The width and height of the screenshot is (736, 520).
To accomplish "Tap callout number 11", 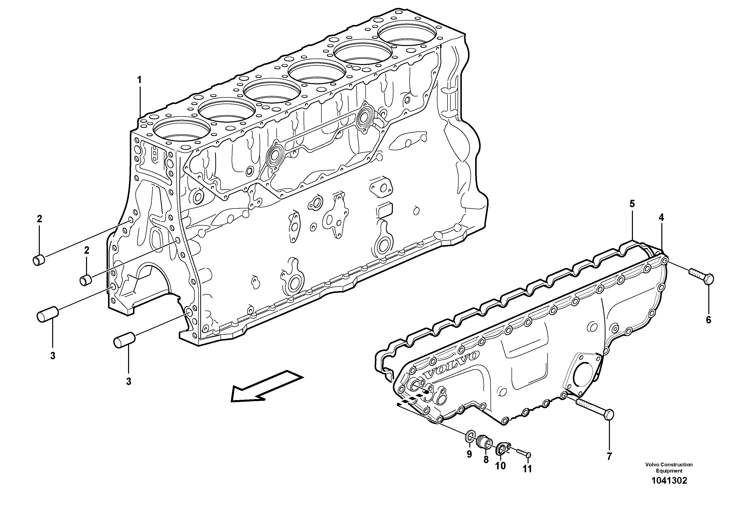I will (x=527, y=469).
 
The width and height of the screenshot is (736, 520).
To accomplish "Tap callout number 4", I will (x=661, y=218).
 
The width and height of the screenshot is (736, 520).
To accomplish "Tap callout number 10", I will (x=500, y=466).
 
